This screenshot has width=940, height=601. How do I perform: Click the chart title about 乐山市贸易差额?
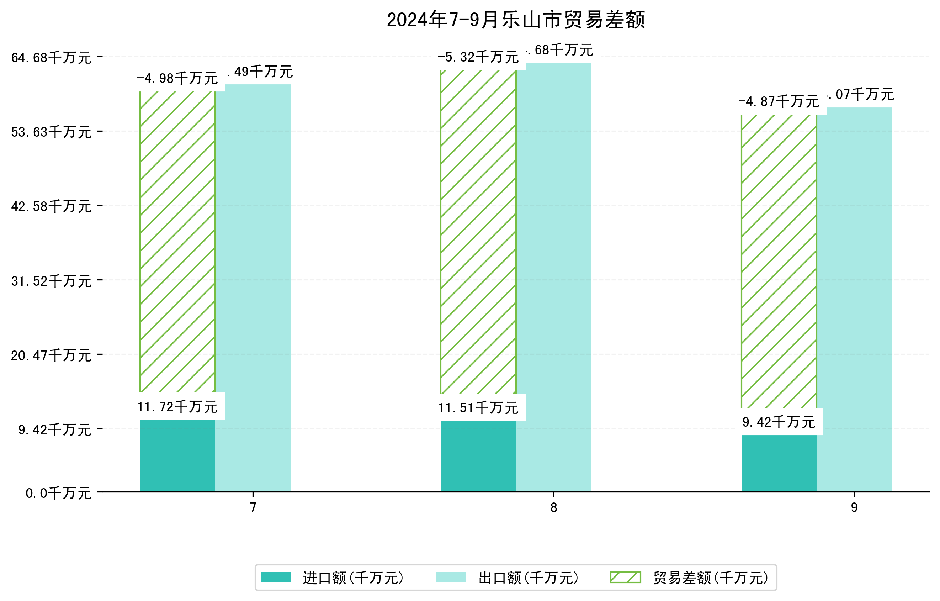click(x=515, y=20)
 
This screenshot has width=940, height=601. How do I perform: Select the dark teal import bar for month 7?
click(x=177, y=455)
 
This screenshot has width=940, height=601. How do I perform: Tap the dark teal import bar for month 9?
click(x=779, y=463)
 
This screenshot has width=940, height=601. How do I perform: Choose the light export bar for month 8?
click(x=553, y=277)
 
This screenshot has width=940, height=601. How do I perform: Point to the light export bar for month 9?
click(x=854, y=299)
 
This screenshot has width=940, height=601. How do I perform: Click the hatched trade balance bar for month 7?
click(x=177, y=242)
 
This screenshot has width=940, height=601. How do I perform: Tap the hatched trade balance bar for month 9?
click(x=779, y=262)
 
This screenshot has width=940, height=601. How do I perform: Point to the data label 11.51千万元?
click(x=478, y=408)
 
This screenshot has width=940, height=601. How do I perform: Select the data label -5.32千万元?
click(x=478, y=57)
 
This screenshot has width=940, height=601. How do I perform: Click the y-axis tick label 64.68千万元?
click(x=51, y=58)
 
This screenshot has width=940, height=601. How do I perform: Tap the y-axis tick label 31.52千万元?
click(x=51, y=281)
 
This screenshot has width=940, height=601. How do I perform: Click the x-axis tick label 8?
click(x=553, y=508)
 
